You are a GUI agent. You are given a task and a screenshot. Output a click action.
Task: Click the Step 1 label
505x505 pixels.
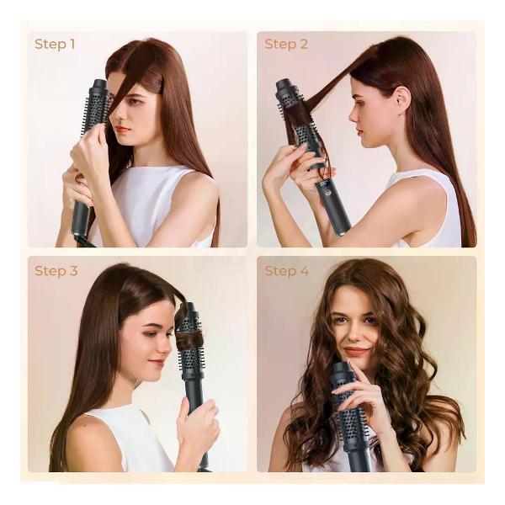click(55, 44)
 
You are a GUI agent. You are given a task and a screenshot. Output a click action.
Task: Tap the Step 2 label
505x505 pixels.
click(286, 44)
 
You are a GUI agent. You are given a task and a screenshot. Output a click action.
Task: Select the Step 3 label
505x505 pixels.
click(56, 271)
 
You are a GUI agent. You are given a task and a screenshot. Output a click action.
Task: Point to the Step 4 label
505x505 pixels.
click(287, 271)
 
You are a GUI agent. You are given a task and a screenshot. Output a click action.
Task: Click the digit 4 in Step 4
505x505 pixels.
click(305, 271)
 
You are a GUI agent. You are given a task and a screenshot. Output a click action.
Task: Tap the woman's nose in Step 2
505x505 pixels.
click(353, 115)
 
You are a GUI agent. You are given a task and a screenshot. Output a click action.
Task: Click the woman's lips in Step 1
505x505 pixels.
click(122, 130)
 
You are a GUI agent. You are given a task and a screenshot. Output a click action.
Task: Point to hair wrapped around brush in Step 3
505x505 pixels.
click(189, 342)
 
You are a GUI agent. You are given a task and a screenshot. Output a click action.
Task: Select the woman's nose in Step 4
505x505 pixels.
click(353, 335)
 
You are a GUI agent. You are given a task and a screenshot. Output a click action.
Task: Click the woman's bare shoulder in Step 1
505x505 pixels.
click(196, 194)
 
